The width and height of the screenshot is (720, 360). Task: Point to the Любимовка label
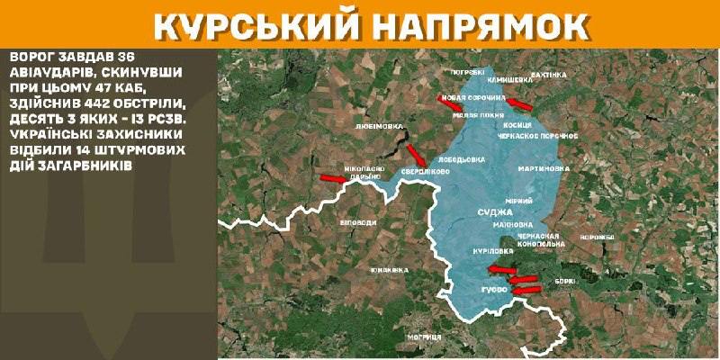point(379,126)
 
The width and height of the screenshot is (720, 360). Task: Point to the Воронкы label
point(596,237)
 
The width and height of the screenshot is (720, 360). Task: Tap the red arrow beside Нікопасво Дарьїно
point(333,180)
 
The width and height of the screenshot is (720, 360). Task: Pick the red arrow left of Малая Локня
point(450,101)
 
